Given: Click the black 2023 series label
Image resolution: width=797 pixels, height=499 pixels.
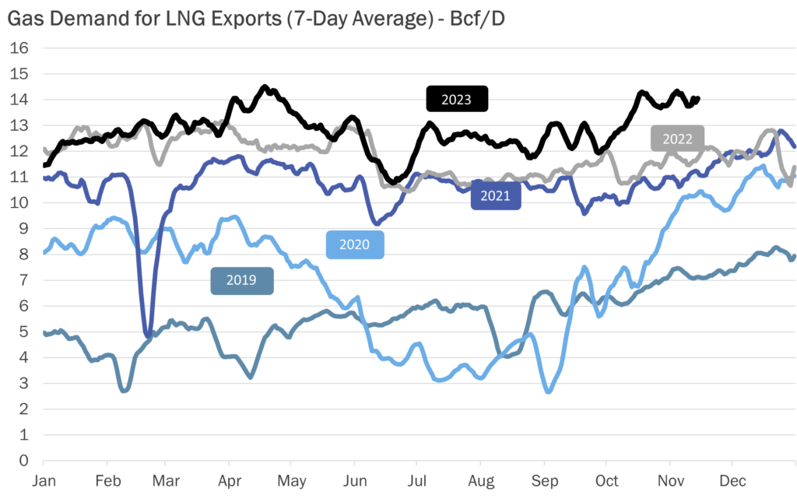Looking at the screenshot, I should click(x=457, y=100).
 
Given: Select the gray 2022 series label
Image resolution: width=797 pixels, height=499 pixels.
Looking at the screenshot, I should click(x=678, y=139).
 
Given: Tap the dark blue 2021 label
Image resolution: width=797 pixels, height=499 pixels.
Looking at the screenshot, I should click(x=496, y=195).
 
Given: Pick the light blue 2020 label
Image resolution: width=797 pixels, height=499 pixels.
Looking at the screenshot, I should click(x=355, y=245).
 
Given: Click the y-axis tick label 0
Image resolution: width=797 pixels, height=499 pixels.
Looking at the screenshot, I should click(x=24, y=460).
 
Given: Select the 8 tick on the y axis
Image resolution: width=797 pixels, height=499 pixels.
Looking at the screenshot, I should click(x=24, y=254).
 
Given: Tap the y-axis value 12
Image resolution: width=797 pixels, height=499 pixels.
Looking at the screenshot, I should click(x=20, y=151).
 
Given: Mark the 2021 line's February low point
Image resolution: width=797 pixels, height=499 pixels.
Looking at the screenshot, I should click(x=148, y=336).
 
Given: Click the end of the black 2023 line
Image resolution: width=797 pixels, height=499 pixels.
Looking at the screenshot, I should click(x=698, y=99).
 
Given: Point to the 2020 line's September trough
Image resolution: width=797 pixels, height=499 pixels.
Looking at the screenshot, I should click(x=549, y=392).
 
